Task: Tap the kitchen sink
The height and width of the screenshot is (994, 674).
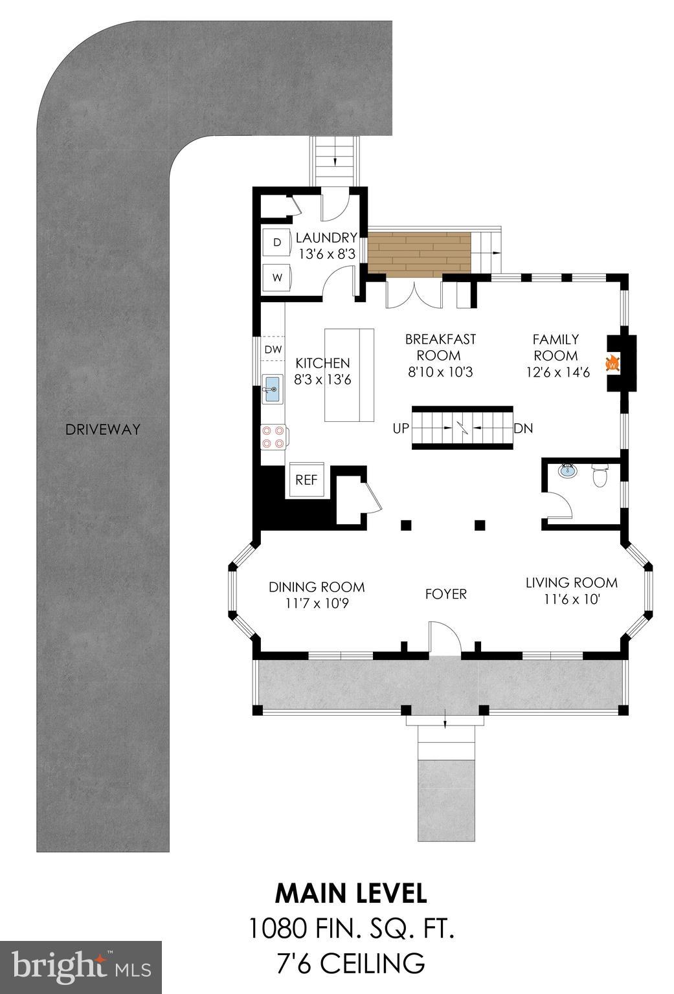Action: click(273, 390)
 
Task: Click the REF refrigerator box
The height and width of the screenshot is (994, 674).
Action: click(307, 480)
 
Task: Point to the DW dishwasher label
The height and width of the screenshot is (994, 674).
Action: click(273, 349)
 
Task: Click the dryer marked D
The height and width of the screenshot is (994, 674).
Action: click(278, 243)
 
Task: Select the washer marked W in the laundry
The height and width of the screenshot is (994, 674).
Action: click(278, 278)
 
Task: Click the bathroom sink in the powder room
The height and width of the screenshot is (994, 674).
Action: click(568, 470)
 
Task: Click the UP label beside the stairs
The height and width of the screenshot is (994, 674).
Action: click(401, 428)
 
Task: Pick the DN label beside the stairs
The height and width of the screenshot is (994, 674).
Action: click(522, 428)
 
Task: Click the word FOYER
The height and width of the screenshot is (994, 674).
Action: click(445, 594)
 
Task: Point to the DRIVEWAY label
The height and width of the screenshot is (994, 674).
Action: click(102, 429)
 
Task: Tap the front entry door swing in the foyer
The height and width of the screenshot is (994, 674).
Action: click(444, 639)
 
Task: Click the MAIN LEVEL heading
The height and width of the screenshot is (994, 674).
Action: click(351, 893)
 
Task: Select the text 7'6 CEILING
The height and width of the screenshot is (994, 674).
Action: click(351, 963)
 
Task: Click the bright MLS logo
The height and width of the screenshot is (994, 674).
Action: click(81, 967)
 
